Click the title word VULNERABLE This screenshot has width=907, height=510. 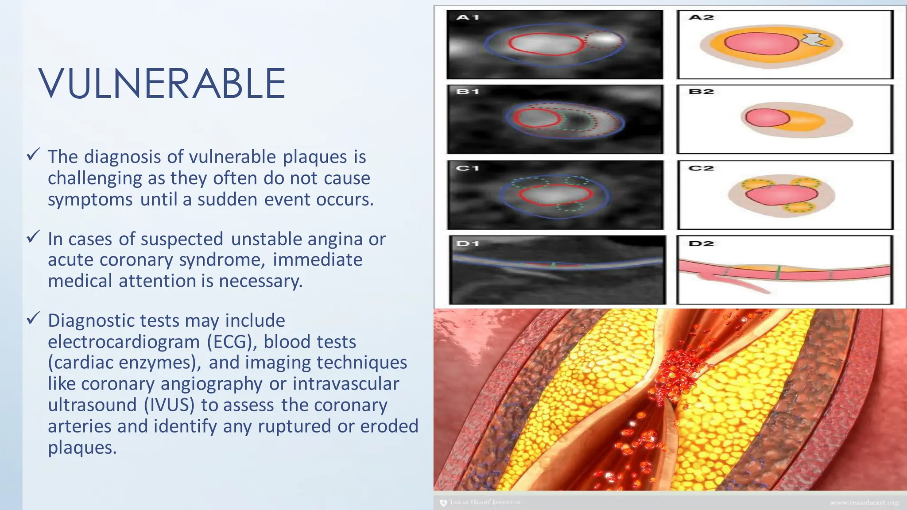click(162, 84)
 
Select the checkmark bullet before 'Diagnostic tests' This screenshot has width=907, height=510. click(34, 318)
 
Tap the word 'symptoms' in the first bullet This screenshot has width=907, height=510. click(90, 200)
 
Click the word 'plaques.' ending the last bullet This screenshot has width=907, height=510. click(82, 448)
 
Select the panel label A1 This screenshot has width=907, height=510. click(468, 18)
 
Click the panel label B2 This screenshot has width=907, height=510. click(702, 92)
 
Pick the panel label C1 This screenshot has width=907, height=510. click(468, 168)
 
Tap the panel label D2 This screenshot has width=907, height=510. click(702, 243)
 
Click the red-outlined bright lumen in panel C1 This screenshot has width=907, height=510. click(555, 194)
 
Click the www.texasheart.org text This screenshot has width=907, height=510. click(864, 502)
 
